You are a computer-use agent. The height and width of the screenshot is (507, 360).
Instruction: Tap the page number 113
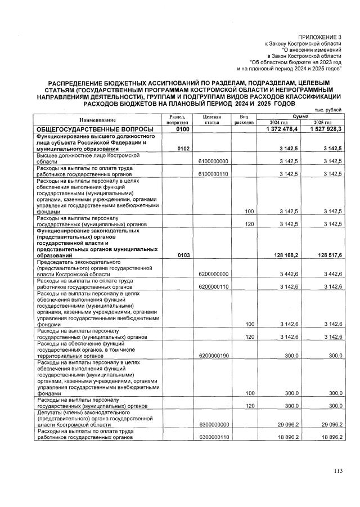337,471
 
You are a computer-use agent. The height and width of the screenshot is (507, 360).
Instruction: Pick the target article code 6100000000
213,161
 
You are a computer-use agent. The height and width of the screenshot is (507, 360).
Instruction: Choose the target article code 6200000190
213,356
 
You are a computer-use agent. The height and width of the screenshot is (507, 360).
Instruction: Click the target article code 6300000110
213,436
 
